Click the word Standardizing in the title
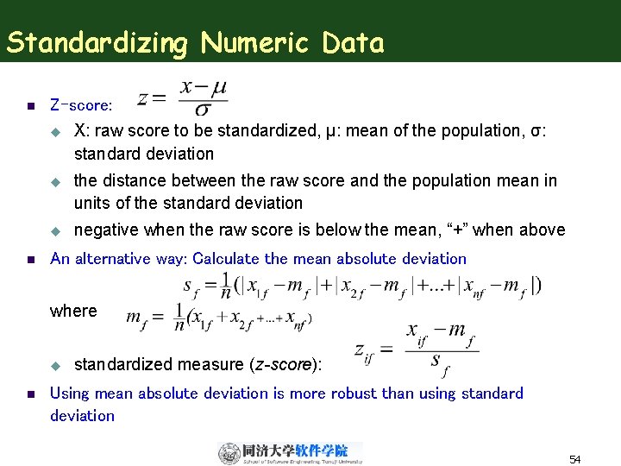tap(97, 42)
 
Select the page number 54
tap(575, 459)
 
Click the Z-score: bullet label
tap(81, 106)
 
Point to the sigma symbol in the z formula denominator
tap(203, 110)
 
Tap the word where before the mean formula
tap(73, 311)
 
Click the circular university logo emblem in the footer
tap(229, 453)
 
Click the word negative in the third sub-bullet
tap(107, 230)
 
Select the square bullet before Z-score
tap(29, 107)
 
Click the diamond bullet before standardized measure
tap(53, 365)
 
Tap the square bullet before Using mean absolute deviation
tap(29, 394)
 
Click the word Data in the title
tap(354, 42)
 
